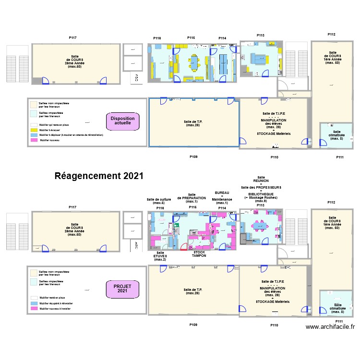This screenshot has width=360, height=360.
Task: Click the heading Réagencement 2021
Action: (x=99, y=176)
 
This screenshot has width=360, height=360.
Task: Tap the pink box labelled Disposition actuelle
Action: (x=122, y=121)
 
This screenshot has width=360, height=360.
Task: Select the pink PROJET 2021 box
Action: (x=122, y=288)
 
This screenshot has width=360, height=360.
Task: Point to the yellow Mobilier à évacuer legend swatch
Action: (x=34, y=130)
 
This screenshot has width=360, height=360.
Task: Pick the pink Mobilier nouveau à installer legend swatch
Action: (x=34, y=308)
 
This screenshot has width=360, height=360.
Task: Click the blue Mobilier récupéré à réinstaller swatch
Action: (x=34, y=303)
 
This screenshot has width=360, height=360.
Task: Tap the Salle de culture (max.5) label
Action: (x=159, y=201)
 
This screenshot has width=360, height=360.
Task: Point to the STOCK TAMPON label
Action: (x=199, y=254)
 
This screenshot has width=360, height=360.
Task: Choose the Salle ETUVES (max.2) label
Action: (x=160, y=256)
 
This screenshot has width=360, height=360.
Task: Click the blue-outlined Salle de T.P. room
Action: (x=193, y=122)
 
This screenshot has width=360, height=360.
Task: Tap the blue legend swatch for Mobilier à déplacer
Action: (x=34, y=135)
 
